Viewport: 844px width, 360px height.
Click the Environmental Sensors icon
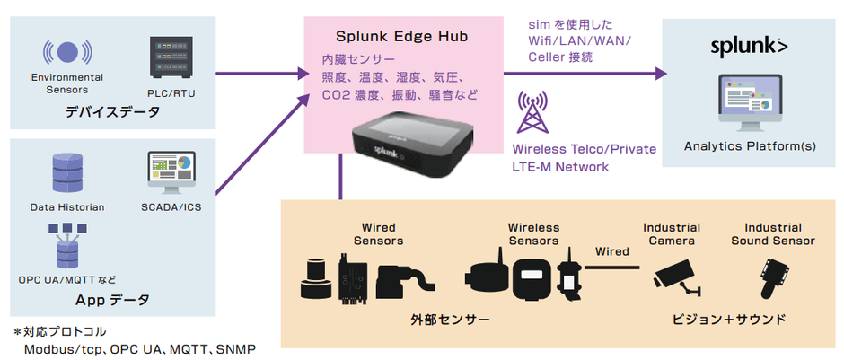click(x=66, y=51)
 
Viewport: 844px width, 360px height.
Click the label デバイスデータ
click(x=112, y=112)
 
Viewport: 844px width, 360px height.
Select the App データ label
click(x=112, y=299)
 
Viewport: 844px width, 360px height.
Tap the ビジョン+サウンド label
click(x=729, y=320)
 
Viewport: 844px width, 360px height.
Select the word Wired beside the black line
click(x=612, y=252)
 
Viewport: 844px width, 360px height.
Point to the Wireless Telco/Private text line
click(x=584, y=149)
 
